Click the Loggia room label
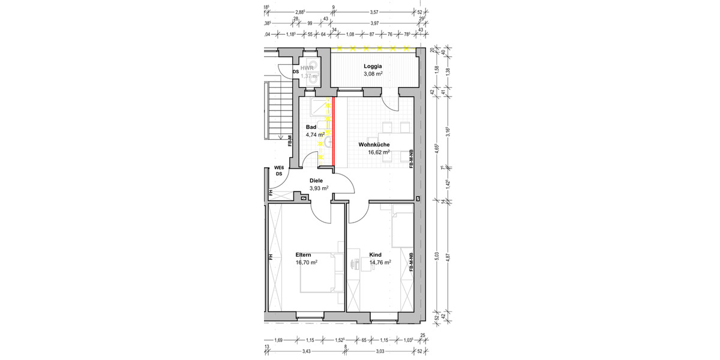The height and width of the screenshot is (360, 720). pyautogui.click(x=373, y=65)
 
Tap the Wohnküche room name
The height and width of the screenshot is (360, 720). pyautogui.click(x=374, y=145)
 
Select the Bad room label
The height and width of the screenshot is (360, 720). pyautogui.click(x=311, y=127)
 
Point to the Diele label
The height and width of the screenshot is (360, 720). pyautogui.click(x=316, y=180)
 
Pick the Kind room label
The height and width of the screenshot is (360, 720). pyautogui.click(x=375, y=254)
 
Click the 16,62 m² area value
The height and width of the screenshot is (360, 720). pyautogui.click(x=379, y=152)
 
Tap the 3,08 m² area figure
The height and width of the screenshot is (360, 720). pyautogui.click(x=373, y=74)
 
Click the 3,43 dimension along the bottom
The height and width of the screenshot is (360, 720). pyautogui.click(x=306, y=351)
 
